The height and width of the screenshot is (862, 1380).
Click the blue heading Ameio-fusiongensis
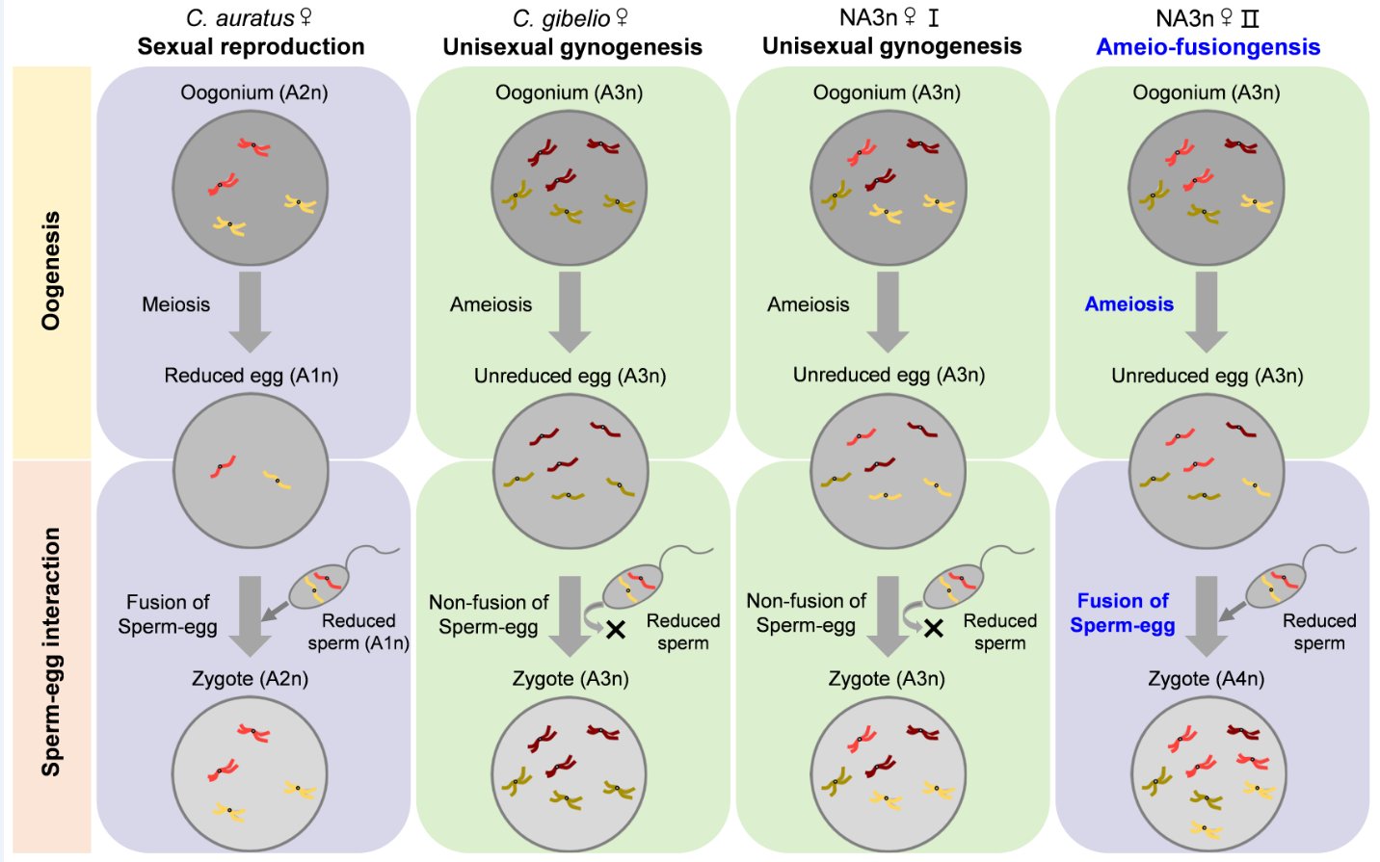click(x=1207, y=47)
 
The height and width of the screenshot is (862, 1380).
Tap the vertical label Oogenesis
click(x=51, y=271)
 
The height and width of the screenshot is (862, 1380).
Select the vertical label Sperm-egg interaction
click(x=51, y=651)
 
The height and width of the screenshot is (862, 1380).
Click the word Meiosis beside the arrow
click(x=176, y=304)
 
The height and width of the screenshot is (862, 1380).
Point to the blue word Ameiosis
click(x=1129, y=304)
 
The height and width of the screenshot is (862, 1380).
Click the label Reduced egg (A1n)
click(x=252, y=376)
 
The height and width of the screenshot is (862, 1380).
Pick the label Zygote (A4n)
click(x=1207, y=678)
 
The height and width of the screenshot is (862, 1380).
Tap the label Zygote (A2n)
click(x=251, y=678)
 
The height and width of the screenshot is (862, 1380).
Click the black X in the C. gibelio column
click(x=616, y=629)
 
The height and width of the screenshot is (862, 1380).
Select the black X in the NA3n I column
click(x=934, y=629)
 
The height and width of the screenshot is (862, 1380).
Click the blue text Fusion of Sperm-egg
click(x=1123, y=614)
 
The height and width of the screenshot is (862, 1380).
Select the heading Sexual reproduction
click(x=251, y=47)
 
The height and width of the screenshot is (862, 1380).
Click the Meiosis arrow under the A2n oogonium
click(x=251, y=312)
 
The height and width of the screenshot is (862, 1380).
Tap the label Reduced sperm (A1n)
click(x=358, y=632)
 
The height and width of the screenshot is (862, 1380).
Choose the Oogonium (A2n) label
click(x=253, y=92)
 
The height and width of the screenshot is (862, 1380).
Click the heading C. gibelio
click(x=570, y=18)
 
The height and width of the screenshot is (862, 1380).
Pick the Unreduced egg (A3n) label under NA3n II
click(x=1207, y=376)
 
